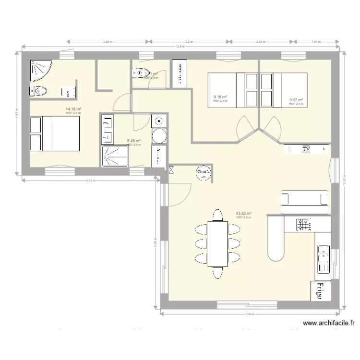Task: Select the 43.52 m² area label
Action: [x=244, y=214]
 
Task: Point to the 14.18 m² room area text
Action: [x=73, y=109]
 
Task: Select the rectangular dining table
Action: [x=217, y=243]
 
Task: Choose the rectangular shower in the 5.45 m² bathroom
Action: [x=115, y=156]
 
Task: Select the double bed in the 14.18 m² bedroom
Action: [x=55, y=134]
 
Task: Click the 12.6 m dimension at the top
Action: [x=180, y=47]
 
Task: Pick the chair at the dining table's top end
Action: [x=217, y=214]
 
